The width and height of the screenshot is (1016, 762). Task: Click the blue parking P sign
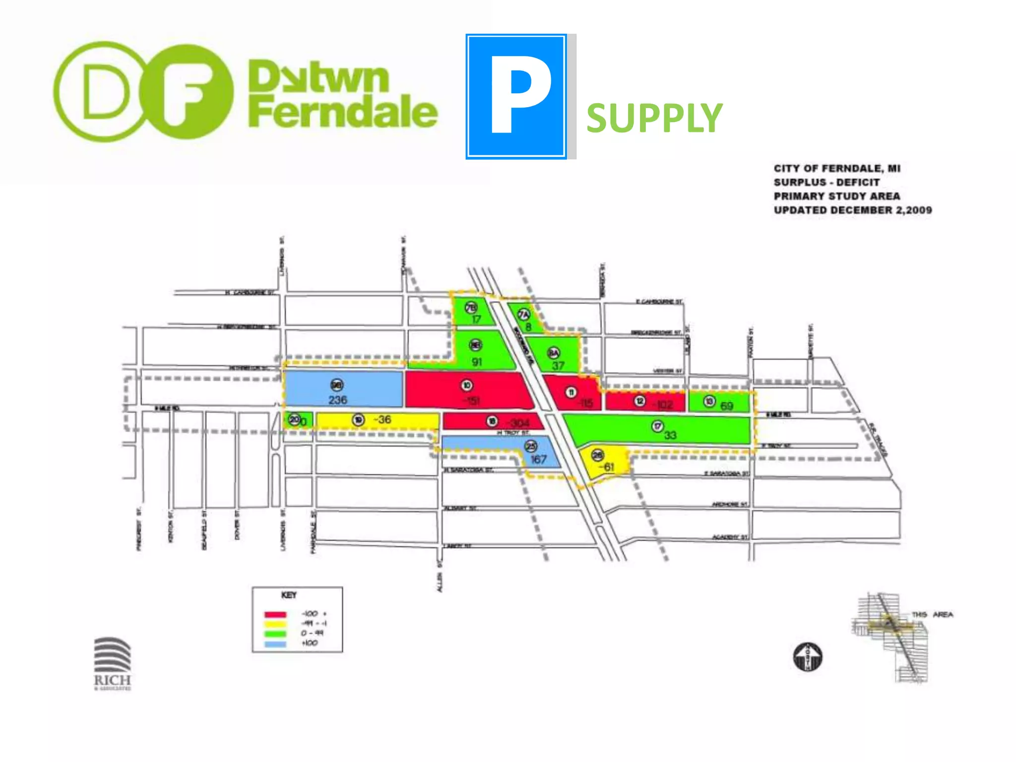click(516, 97)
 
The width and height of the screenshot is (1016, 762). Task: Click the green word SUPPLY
click(654, 118)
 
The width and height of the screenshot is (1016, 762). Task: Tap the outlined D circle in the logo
click(105, 92)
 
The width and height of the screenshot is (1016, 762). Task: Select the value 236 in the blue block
click(338, 400)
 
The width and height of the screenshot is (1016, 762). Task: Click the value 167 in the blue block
click(538, 459)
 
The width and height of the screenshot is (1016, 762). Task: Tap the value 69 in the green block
click(727, 406)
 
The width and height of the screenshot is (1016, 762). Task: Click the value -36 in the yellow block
click(382, 420)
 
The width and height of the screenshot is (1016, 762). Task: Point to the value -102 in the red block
click(662, 405)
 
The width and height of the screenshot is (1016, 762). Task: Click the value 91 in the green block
click(477, 362)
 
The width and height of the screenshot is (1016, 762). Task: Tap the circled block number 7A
click(524, 315)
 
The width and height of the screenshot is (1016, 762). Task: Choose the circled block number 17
click(657, 426)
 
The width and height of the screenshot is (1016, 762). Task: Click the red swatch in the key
click(275, 615)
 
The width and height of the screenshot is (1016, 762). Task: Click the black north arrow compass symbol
click(808, 657)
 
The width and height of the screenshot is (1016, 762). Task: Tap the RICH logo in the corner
click(113, 663)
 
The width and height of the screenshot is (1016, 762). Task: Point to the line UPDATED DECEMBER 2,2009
click(853, 210)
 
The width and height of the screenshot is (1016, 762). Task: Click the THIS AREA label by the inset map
click(932, 615)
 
